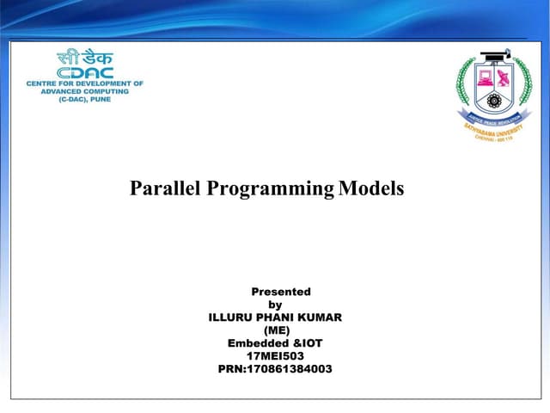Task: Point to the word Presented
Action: tap(280, 292)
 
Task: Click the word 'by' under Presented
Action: tap(275, 305)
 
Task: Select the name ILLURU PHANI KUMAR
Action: tap(275, 317)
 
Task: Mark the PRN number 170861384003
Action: tap(275, 369)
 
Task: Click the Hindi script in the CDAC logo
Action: tap(84, 59)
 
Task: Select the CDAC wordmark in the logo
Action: tap(84, 73)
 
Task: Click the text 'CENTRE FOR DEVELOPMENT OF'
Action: tap(84, 83)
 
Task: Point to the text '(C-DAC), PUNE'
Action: tap(84, 101)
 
